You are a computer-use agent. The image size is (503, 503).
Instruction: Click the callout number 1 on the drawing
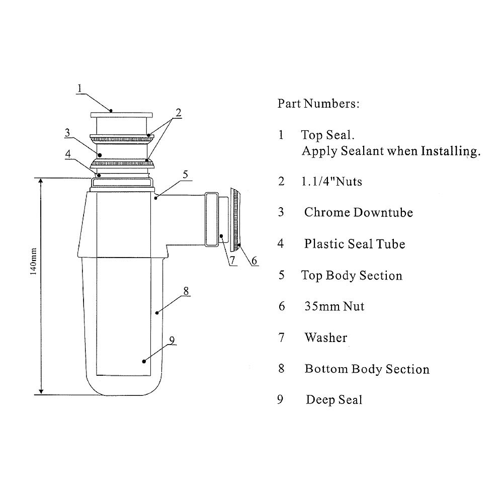click(79, 88)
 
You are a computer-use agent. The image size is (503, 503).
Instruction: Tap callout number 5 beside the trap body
click(185, 175)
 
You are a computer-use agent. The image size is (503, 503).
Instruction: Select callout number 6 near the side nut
click(254, 260)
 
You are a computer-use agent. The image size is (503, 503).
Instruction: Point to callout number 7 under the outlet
click(232, 260)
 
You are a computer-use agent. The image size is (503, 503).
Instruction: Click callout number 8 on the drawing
click(186, 290)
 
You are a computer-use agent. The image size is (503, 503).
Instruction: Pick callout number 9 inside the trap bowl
click(172, 340)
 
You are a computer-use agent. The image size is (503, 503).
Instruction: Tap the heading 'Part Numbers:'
click(318, 104)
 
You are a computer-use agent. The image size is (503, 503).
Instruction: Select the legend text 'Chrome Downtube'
click(358, 212)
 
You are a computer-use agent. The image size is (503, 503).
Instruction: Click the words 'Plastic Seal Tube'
click(354, 244)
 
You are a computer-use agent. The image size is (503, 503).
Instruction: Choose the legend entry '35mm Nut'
click(334, 306)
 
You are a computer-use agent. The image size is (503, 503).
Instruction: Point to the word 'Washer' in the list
click(325, 338)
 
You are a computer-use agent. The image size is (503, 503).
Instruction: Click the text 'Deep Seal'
click(333, 400)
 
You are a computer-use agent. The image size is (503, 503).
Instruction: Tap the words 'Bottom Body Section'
click(367, 369)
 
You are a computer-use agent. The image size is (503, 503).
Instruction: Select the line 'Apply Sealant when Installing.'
click(390, 151)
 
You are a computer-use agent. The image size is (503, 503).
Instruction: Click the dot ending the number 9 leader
click(144, 361)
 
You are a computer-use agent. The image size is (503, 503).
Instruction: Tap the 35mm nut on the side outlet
click(235, 220)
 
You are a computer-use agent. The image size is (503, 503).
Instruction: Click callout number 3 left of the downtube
click(67, 132)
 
